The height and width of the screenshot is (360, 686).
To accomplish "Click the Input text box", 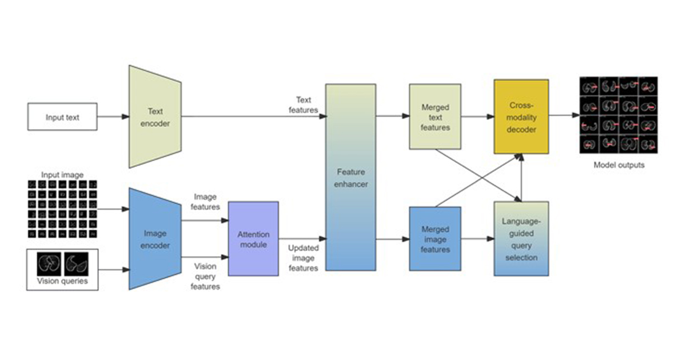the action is [x=62, y=117].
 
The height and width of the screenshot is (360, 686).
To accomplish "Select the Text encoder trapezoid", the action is [x=155, y=117].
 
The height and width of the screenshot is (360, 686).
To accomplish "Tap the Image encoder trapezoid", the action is [x=155, y=239].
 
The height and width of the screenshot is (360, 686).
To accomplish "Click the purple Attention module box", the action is [x=253, y=239].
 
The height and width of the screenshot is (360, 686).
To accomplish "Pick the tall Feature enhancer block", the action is [x=350, y=177].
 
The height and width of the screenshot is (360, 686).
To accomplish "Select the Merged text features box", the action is [x=435, y=117].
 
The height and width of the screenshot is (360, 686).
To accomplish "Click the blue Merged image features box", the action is [x=435, y=239].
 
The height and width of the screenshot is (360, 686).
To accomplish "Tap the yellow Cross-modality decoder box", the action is [x=521, y=117].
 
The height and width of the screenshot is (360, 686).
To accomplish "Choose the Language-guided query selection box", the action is [x=521, y=239].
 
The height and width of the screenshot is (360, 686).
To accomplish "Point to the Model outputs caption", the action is [x=619, y=165].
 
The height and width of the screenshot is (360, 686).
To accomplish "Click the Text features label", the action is [x=304, y=105].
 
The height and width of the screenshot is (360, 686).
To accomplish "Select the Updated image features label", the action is [x=304, y=258].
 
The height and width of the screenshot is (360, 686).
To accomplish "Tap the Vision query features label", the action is [x=205, y=276].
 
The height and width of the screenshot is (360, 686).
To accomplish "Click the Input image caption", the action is [x=62, y=175].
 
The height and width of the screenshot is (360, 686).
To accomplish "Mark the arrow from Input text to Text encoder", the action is [x=113, y=117].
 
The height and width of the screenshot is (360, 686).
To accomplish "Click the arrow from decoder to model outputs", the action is [x=564, y=115].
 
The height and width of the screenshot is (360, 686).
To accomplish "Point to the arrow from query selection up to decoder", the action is [x=521, y=178].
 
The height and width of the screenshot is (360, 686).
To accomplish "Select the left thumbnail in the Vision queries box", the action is [x=49, y=264].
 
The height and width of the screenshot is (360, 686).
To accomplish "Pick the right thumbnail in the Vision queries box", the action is [x=76, y=264].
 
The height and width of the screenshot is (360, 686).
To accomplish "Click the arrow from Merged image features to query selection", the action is [x=478, y=239].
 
